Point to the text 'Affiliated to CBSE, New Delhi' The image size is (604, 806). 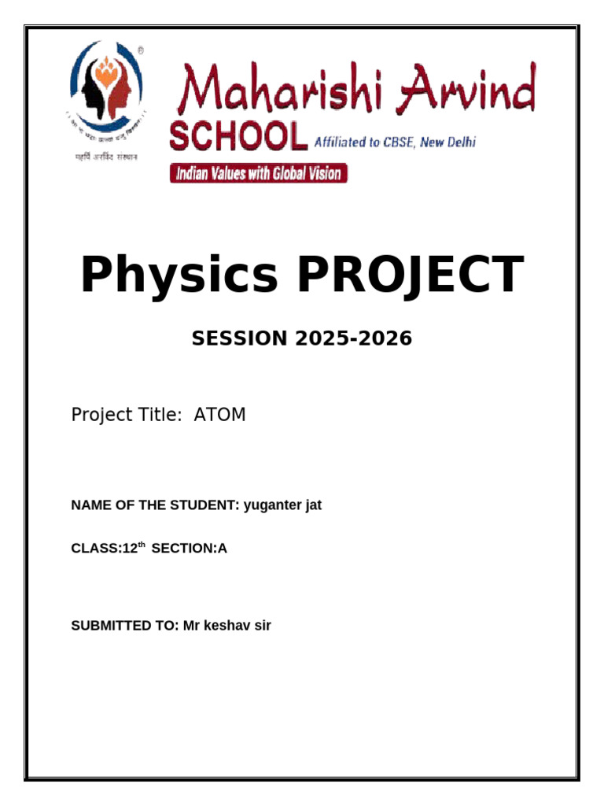(x=395, y=142)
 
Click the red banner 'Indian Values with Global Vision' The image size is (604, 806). (x=259, y=173)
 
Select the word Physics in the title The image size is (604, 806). (x=179, y=275)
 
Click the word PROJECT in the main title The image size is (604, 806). (x=410, y=275)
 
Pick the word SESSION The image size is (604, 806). (x=240, y=338)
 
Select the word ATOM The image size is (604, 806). (x=219, y=414)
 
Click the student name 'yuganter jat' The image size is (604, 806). (x=282, y=505)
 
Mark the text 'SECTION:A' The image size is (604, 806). (x=189, y=549)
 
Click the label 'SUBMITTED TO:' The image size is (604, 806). (x=125, y=626)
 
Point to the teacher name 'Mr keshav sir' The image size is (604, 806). (x=226, y=626)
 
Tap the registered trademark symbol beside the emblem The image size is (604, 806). (x=140, y=50)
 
